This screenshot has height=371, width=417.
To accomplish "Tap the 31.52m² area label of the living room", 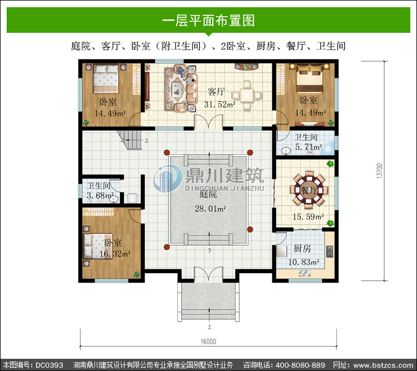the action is coord(220,105).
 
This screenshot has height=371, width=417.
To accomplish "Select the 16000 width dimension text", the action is coord(209,342).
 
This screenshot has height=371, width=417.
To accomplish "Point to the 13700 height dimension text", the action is coord(380,171).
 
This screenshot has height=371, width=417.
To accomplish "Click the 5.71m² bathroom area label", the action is coord(309,147).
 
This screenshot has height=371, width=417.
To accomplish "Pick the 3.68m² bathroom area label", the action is coord(100,195).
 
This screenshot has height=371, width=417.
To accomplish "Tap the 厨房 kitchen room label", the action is coord(302,249).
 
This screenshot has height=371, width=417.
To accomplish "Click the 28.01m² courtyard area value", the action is coord(210,209).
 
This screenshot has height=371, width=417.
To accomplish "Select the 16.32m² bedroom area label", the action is coord(115,254).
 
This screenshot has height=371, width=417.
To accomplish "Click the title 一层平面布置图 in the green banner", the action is coord(209,21).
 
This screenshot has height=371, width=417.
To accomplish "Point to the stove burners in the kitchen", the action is coord(330,251).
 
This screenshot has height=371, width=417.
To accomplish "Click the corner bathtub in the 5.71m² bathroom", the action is coord(328,149).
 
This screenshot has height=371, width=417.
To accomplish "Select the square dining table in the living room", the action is coord(246,95).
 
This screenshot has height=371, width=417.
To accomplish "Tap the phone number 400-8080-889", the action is coord(300,365).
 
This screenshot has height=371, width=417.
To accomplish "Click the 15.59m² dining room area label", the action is coord(309,216).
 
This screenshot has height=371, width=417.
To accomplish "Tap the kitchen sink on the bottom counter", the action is coord(304,273).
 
